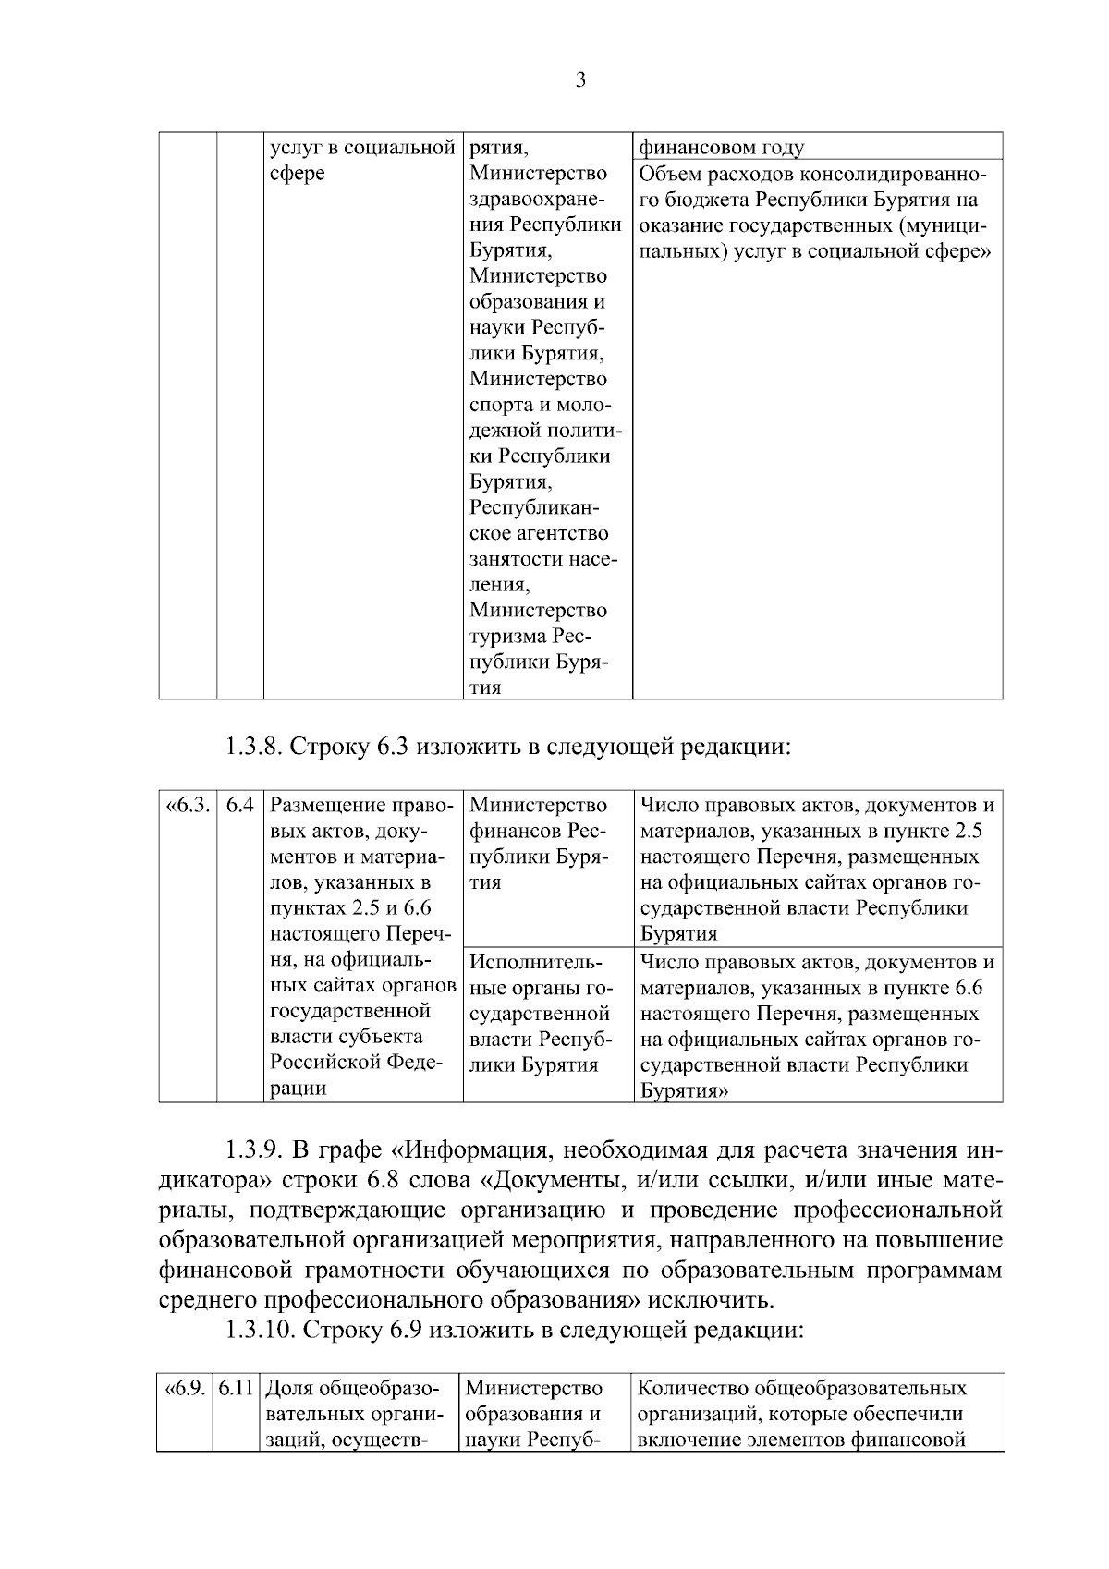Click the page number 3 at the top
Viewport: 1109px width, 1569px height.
coord(580,80)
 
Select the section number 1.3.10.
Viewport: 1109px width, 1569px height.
coord(259,1331)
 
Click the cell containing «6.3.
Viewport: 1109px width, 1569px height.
coord(188,805)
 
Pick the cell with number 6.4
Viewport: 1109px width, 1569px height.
coord(240,805)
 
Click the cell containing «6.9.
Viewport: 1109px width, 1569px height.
coord(184,1389)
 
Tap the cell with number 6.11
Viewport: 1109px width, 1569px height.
coord(236,1389)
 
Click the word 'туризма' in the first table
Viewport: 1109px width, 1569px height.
coord(506,637)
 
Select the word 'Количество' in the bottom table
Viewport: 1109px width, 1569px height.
coord(691,1389)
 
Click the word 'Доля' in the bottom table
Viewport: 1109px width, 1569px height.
coord(288,1389)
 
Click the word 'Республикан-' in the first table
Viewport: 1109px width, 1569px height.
coord(534,508)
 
